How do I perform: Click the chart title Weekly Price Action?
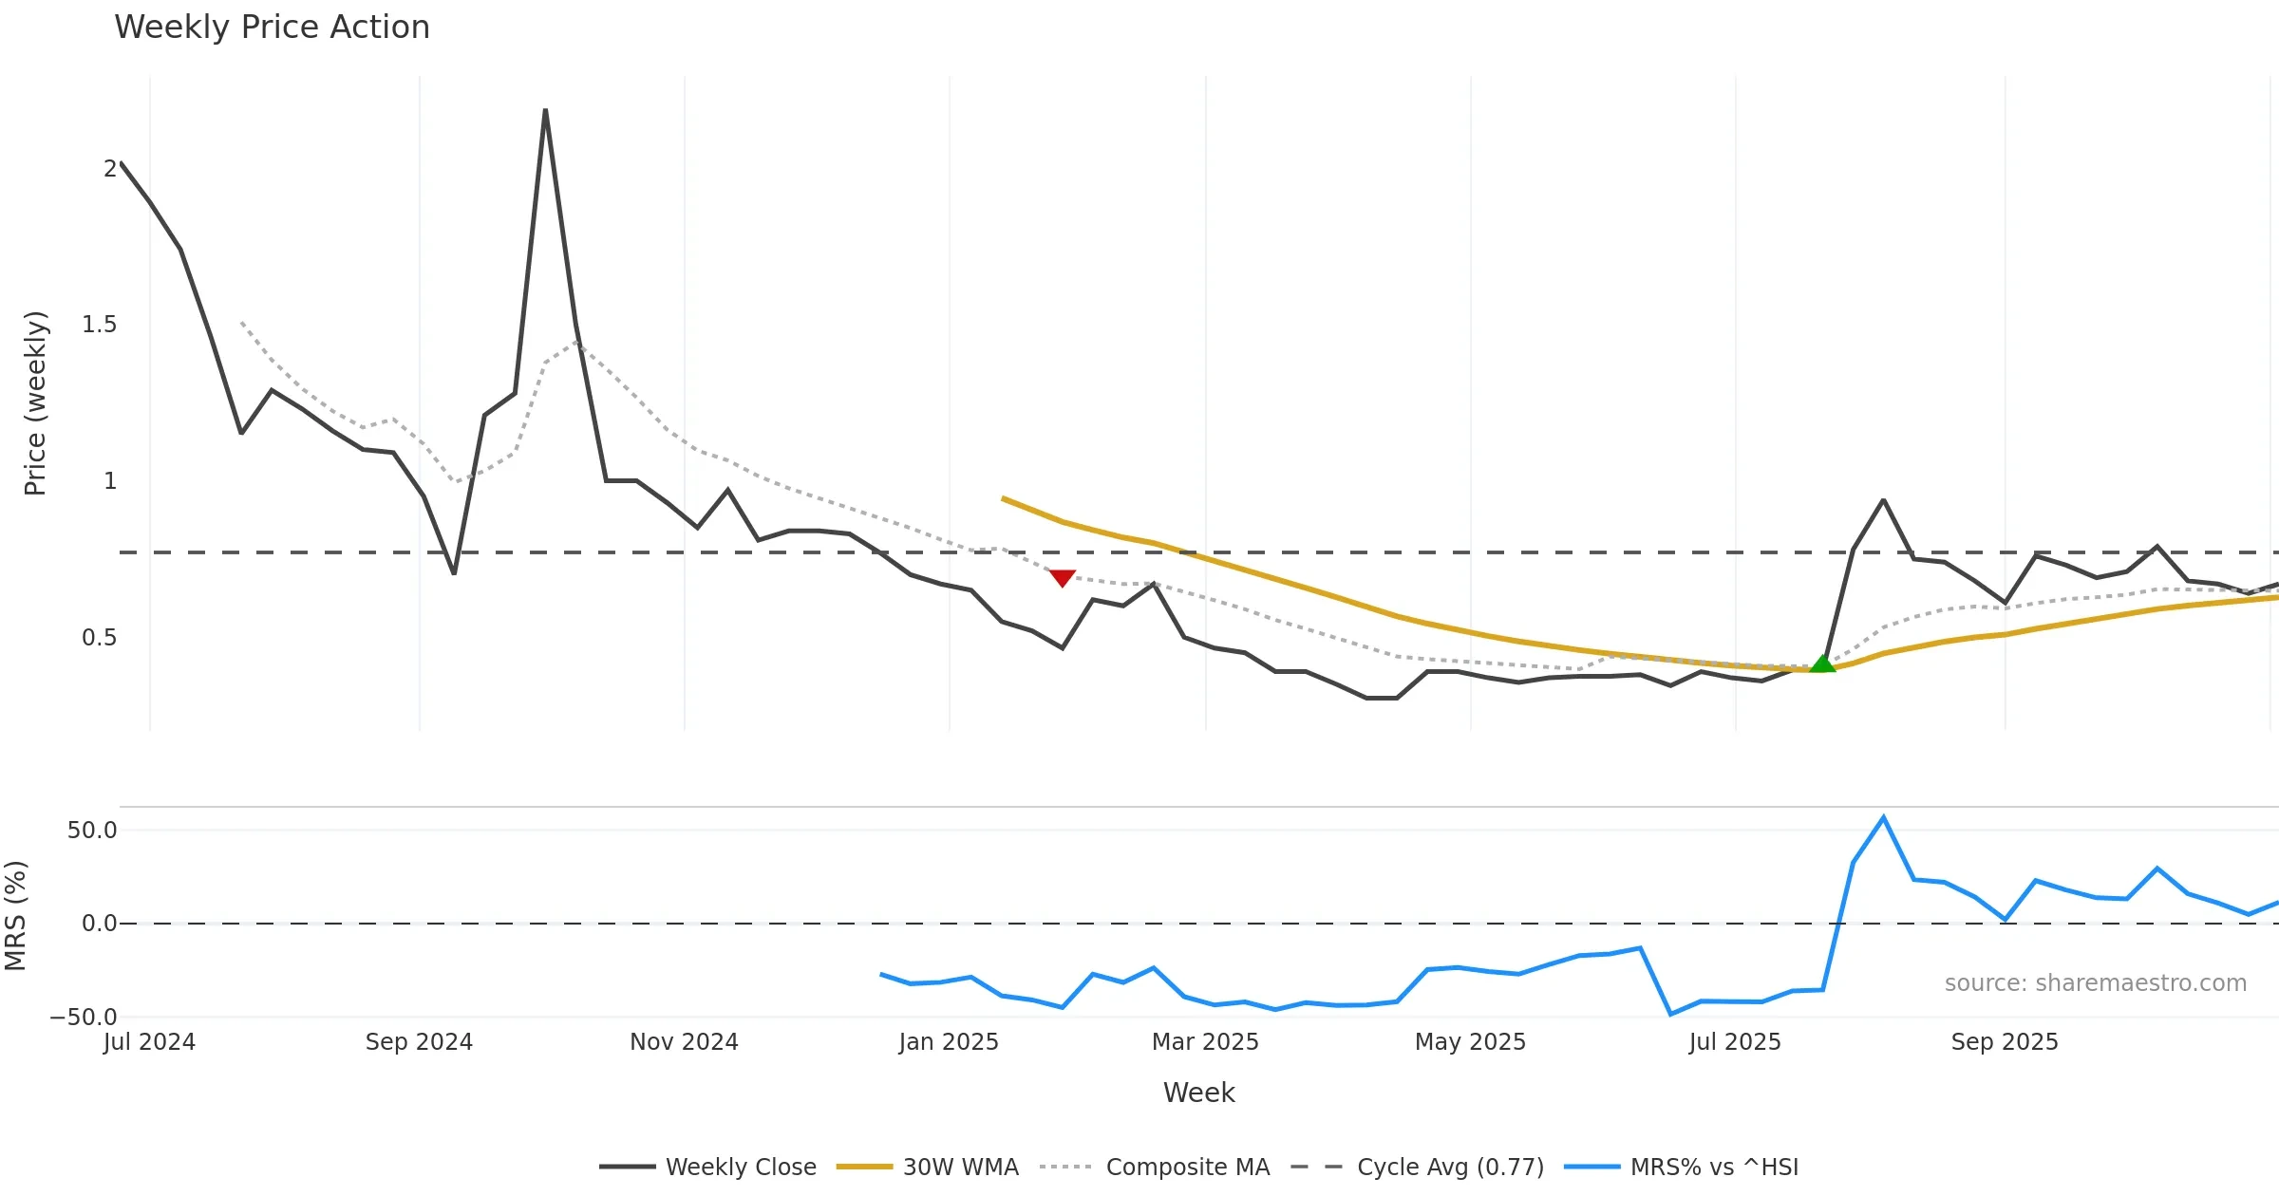(x=272, y=28)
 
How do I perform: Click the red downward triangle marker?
(x=1063, y=577)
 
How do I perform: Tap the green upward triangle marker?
(x=1822, y=663)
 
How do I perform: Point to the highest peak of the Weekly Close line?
(x=545, y=110)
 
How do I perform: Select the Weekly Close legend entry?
(x=708, y=1167)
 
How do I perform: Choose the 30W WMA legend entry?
(x=928, y=1167)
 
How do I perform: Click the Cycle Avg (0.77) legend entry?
(x=1418, y=1167)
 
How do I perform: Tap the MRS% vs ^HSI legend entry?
(x=1682, y=1167)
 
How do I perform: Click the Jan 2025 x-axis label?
(x=949, y=1042)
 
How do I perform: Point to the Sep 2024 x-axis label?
(x=419, y=1042)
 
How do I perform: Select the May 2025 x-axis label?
(x=1470, y=1042)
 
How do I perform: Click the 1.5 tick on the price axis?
(x=99, y=325)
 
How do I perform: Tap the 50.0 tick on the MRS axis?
(x=92, y=831)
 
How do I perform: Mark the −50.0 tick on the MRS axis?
(x=84, y=1018)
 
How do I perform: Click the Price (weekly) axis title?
(x=35, y=403)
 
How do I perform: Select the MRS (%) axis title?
(x=15, y=916)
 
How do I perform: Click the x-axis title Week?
(x=1198, y=1093)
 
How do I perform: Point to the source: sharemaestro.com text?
(x=2095, y=983)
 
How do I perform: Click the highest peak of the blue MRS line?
(x=1883, y=817)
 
